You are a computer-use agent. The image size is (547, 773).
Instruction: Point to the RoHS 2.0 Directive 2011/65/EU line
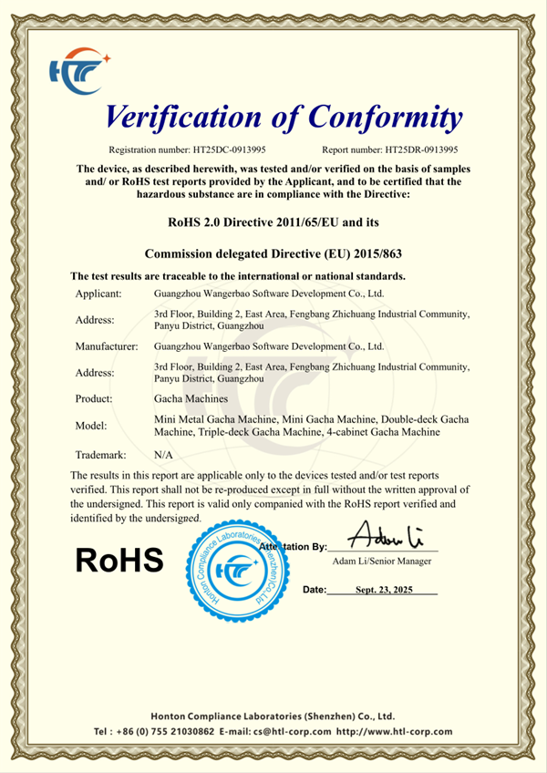pos(273,221)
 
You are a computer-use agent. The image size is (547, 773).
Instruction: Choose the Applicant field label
pos(98,294)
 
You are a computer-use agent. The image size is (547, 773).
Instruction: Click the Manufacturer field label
pos(106,346)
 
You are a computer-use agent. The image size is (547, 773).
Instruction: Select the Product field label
pos(94,398)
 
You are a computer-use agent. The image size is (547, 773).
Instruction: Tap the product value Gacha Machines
pos(188,398)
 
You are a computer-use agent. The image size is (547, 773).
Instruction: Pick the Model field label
pos(91,425)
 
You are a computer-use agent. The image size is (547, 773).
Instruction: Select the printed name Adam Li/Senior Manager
pos(382,561)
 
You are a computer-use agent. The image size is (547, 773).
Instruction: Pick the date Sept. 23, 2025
pos(384,590)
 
